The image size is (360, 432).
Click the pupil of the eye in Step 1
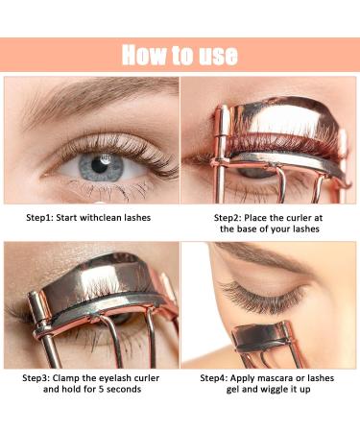click(x=94, y=165)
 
